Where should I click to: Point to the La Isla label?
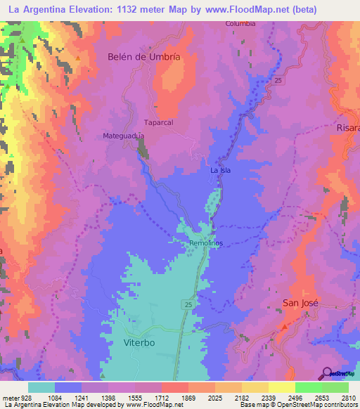(x=220, y=170)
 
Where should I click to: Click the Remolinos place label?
(x=207, y=243)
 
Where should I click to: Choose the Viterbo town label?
(x=139, y=343)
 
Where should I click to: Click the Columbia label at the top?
(x=240, y=23)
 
